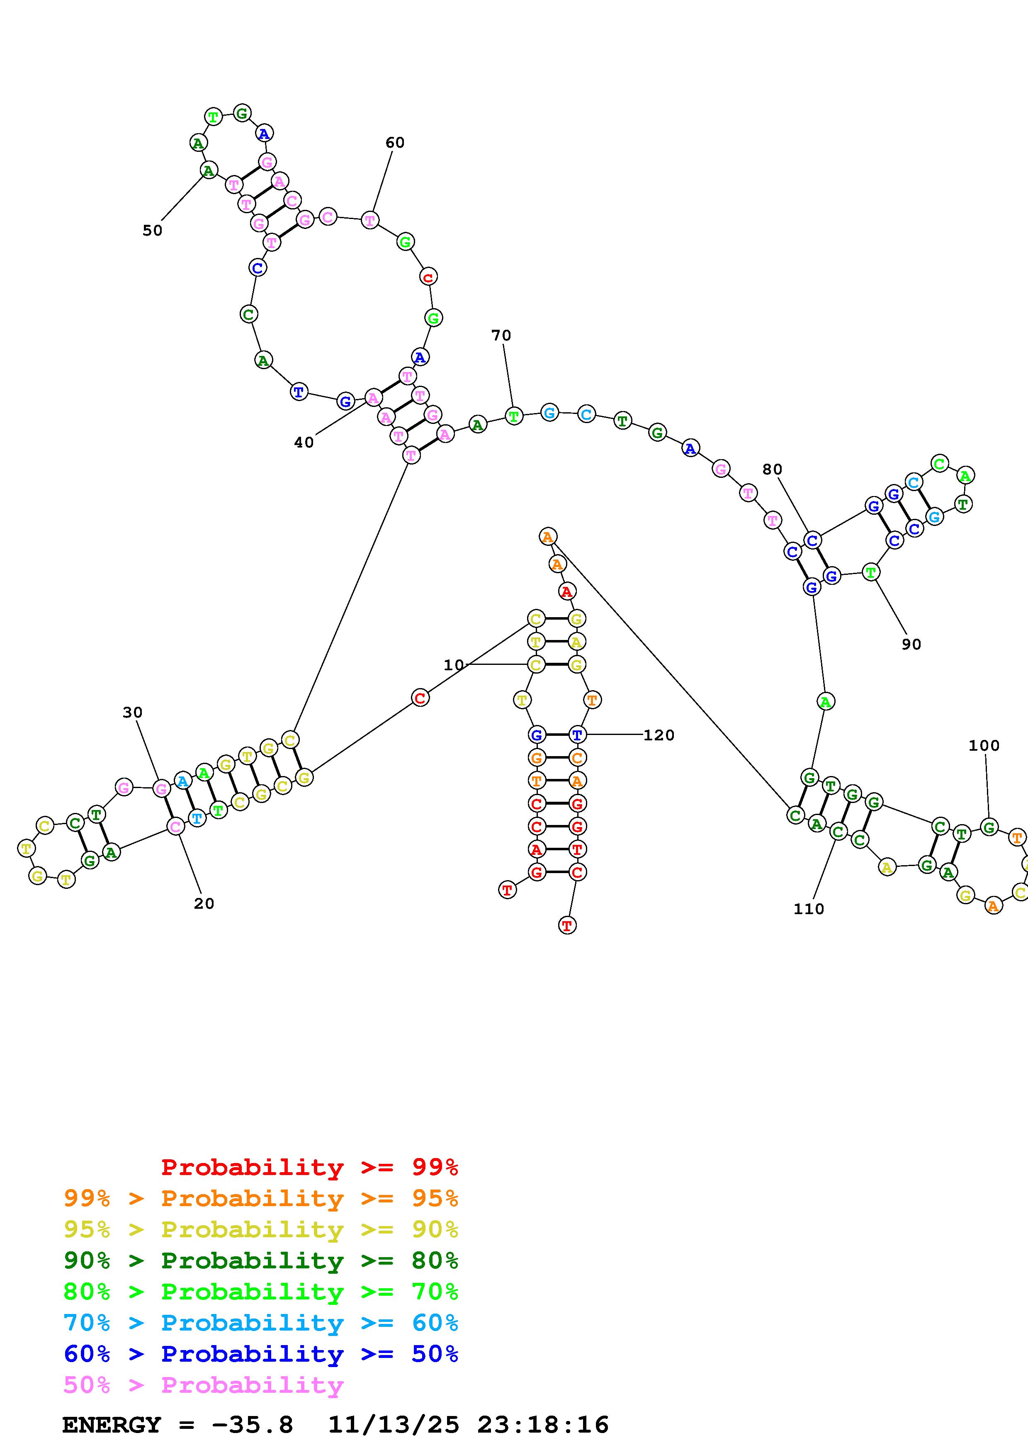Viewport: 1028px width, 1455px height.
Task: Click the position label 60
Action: tap(395, 143)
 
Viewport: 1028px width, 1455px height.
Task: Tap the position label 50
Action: tap(152, 231)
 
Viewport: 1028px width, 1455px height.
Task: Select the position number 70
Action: tap(501, 335)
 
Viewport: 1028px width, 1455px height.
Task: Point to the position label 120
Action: tap(659, 735)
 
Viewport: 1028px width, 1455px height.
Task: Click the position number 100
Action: tap(984, 746)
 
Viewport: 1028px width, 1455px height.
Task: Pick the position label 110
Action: tap(809, 909)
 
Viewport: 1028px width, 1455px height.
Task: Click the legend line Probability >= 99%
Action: tap(310, 1167)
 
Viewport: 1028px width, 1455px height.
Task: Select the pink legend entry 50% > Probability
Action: tap(203, 1385)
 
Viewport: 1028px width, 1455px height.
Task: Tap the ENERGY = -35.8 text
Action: tap(178, 1425)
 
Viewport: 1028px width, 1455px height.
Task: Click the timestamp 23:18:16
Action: tap(543, 1425)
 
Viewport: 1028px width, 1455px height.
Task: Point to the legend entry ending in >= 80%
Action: tap(261, 1261)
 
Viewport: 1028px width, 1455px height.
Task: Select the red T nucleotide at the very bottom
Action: tap(567, 925)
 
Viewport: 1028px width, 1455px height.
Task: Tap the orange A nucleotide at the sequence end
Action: tap(548, 537)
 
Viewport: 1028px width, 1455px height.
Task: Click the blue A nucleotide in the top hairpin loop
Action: tap(264, 133)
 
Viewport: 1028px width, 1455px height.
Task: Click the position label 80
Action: tap(772, 470)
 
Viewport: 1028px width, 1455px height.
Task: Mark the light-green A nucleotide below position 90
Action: tap(825, 701)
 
